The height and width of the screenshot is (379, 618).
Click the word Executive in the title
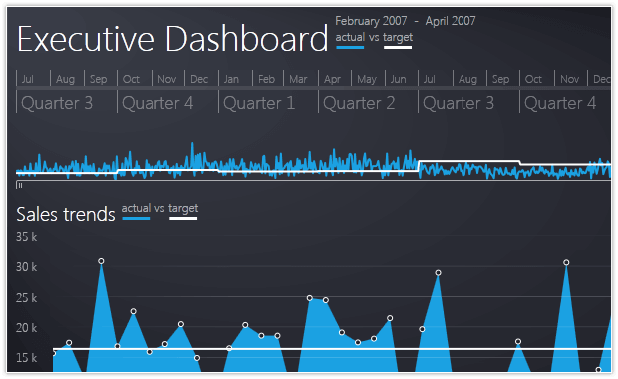[86, 39]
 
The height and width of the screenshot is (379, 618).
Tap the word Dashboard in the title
[247, 39]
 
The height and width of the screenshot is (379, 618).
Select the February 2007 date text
[371, 21]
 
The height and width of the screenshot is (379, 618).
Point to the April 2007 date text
[451, 21]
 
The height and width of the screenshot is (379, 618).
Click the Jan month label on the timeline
[231, 79]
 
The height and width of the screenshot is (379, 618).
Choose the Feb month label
[266, 79]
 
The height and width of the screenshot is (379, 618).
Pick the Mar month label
[298, 79]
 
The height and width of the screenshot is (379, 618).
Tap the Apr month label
[332, 80]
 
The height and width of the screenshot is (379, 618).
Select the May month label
[367, 80]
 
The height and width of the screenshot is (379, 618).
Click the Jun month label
[398, 79]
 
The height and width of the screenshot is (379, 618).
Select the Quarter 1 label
[259, 104]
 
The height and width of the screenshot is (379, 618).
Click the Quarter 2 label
[359, 104]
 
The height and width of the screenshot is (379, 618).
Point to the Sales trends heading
[66, 215]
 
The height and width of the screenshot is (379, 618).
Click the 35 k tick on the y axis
[26, 237]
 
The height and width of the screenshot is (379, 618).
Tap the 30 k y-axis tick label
[26, 267]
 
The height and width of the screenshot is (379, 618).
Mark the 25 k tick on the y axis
[26, 298]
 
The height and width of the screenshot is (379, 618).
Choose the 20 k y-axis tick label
[26, 328]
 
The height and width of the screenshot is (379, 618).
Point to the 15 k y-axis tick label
[26, 358]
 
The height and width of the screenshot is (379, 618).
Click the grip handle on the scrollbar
[20, 185]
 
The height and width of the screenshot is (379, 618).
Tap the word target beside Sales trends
[183, 209]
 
